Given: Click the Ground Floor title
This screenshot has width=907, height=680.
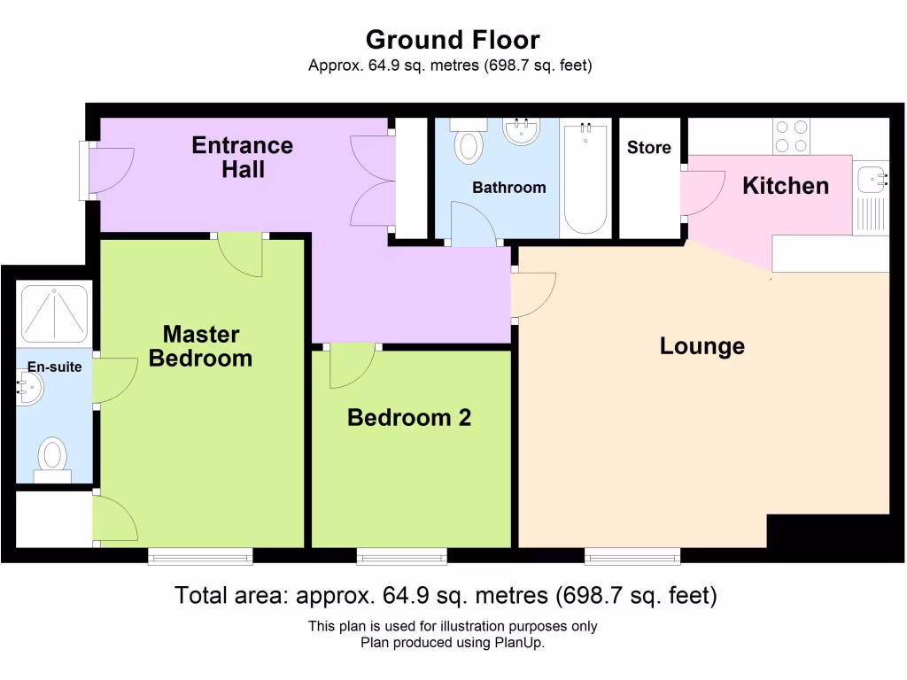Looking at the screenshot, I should pyautogui.click(x=453, y=40).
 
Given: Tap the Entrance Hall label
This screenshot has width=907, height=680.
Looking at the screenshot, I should pyautogui.click(x=242, y=157).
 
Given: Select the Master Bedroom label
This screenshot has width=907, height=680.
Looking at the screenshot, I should pyautogui.click(x=200, y=346).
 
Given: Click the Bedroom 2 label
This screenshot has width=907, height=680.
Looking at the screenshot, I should pyautogui.click(x=408, y=417).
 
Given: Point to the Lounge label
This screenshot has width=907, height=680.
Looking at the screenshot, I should pyautogui.click(x=702, y=345).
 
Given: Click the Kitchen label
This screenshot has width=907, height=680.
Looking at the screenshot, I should pyautogui.click(x=785, y=186).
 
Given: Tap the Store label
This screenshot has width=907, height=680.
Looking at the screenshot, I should pyautogui.click(x=648, y=148).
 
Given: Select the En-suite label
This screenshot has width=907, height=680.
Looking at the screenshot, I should pyautogui.click(x=54, y=367).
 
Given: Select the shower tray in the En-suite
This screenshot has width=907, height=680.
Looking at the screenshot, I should pyautogui.click(x=54, y=313).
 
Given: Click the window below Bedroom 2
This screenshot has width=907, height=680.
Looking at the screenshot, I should pyautogui.click(x=401, y=556).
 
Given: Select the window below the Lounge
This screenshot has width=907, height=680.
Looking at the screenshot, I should pyautogui.click(x=632, y=556).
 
